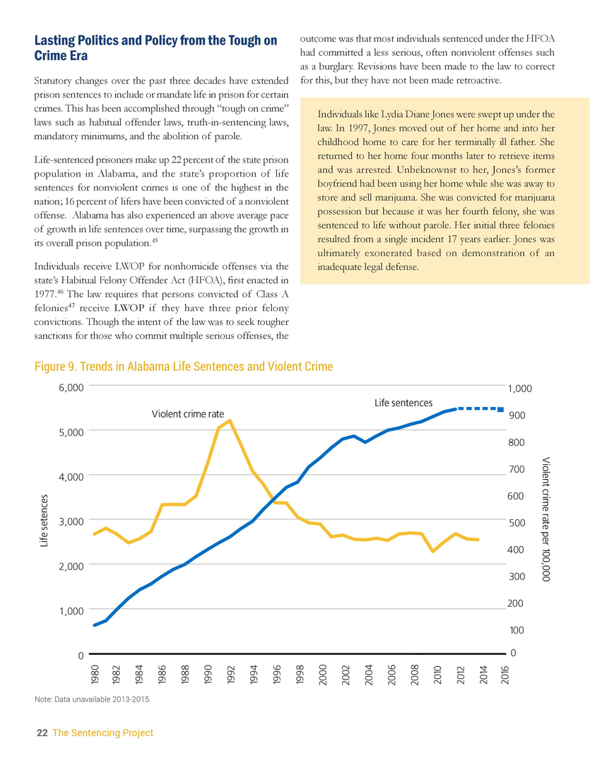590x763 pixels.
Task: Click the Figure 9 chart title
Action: click(184, 367)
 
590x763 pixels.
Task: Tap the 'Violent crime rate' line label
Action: click(188, 414)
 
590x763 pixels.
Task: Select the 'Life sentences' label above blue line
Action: click(403, 403)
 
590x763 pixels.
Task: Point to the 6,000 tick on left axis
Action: click(71, 387)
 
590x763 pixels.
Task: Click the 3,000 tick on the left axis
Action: click(71, 521)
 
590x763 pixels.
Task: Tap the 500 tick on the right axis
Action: click(517, 523)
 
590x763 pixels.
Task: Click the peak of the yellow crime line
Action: click(230, 420)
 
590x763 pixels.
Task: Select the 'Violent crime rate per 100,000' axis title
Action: click(545, 519)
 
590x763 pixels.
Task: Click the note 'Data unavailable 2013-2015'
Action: click(93, 700)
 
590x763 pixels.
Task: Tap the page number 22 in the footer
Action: click(42, 733)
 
